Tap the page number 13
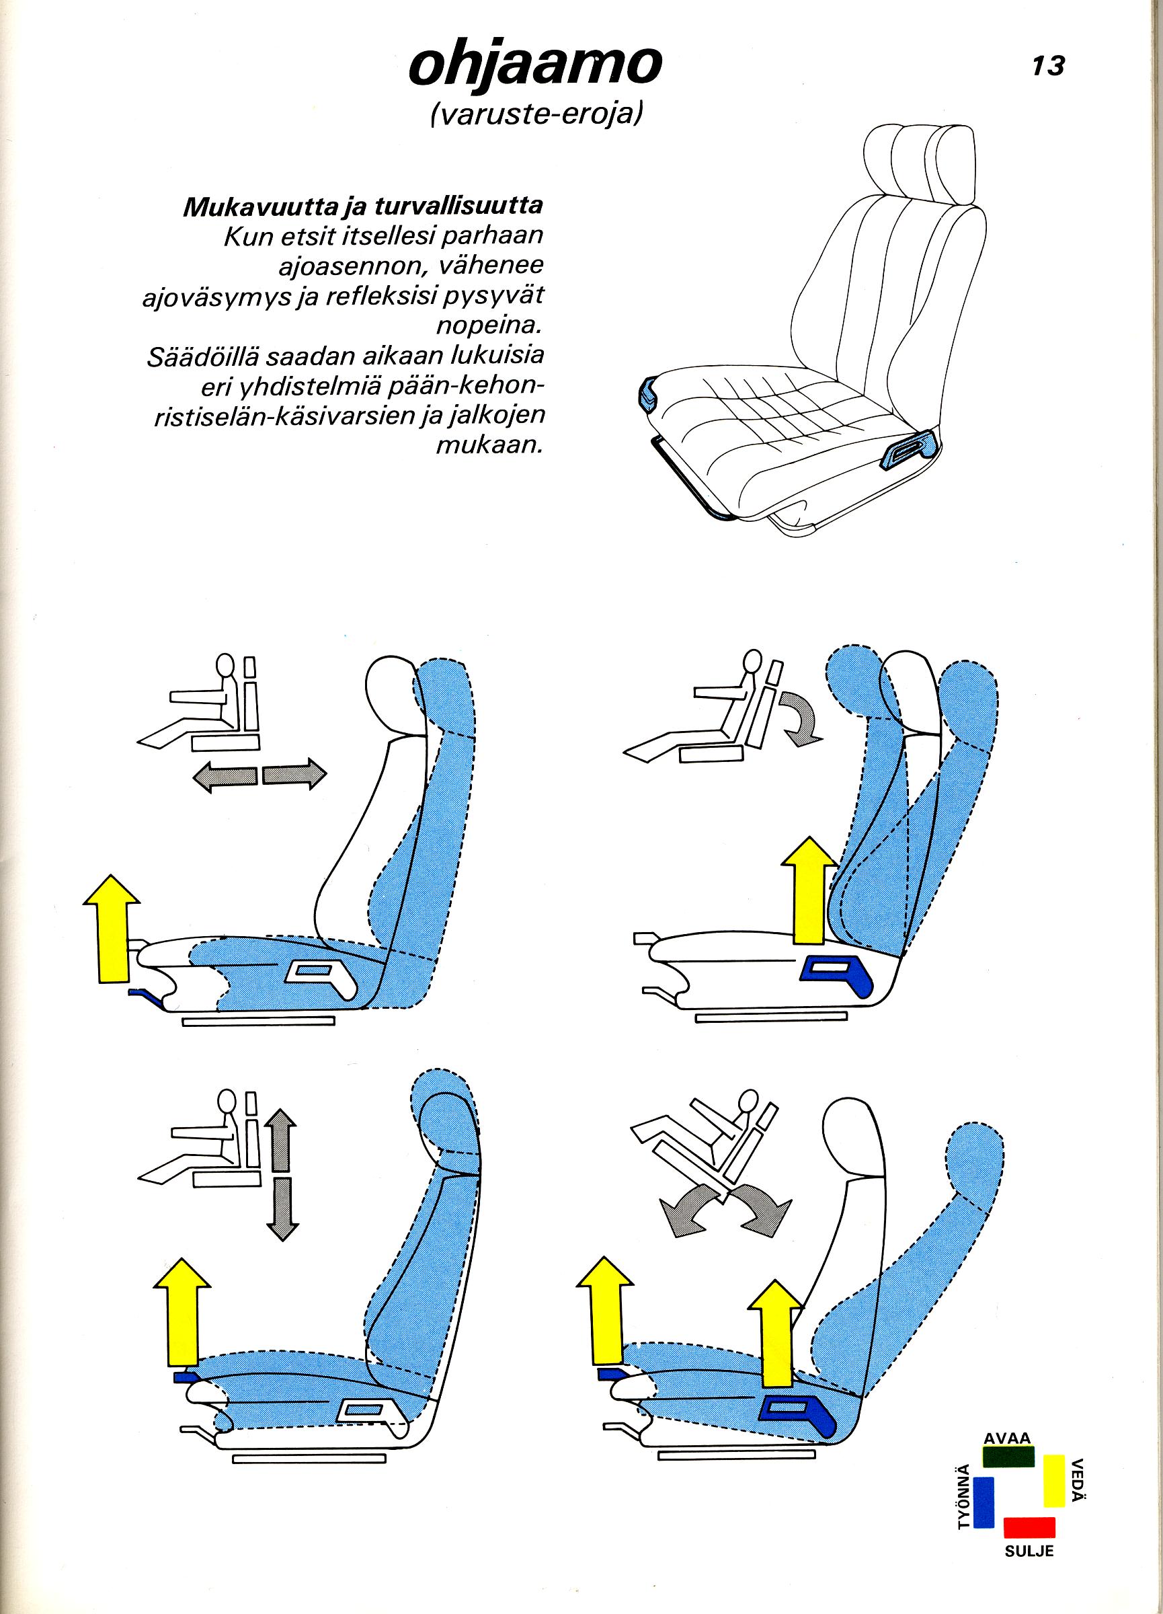click(1049, 66)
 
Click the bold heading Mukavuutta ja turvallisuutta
click(364, 206)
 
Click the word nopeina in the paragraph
click(489, 327)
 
